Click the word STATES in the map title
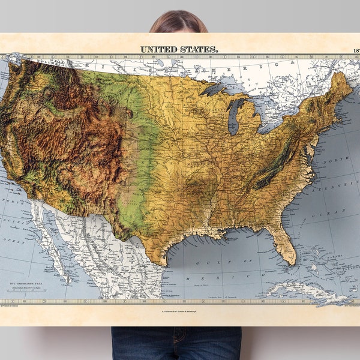[200, 49]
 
